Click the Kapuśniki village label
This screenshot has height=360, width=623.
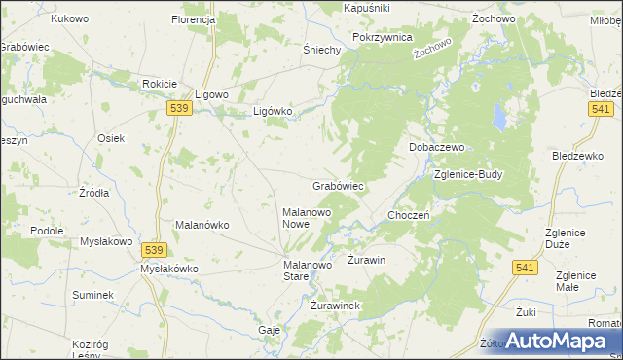(367, 7)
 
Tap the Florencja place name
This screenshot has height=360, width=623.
(193, 19)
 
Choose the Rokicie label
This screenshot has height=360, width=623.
(159, 83)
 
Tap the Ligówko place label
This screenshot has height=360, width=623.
(273, 111)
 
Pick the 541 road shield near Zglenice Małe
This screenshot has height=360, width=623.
(527, 267)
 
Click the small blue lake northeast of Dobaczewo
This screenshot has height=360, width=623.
(499, 118)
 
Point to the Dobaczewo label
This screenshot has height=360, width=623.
(434, 147)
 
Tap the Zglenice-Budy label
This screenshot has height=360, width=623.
(468, 175)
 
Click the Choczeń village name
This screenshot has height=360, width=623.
(410, 215)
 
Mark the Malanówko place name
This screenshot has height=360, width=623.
(202, 225)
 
